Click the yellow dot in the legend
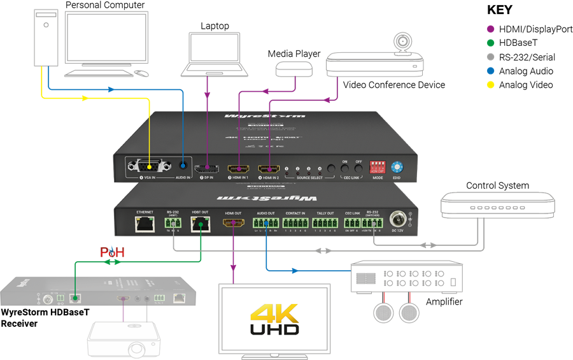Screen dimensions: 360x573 (490, 85)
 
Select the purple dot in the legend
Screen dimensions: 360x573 (490, 29)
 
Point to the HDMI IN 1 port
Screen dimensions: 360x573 (238, 169)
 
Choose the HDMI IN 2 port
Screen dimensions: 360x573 (268, 169)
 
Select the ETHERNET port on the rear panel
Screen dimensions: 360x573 (145, 224)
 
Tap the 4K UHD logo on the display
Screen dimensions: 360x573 (274, 319)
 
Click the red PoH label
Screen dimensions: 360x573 (111, 252)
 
